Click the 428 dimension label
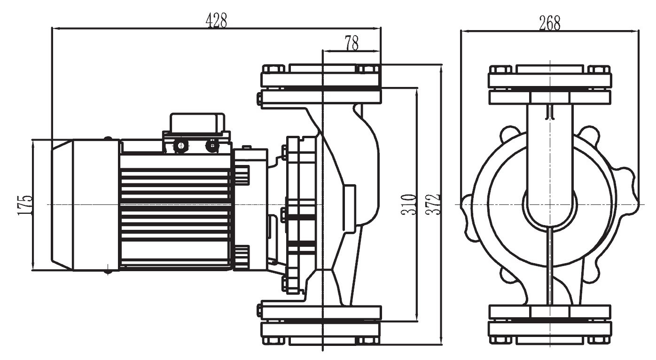pos(216,20)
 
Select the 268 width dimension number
pos(550,23)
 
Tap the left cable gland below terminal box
pos(180,146)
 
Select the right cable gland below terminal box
pos(212,146)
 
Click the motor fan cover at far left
pos(85,205)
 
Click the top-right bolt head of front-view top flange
pos(599,69)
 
